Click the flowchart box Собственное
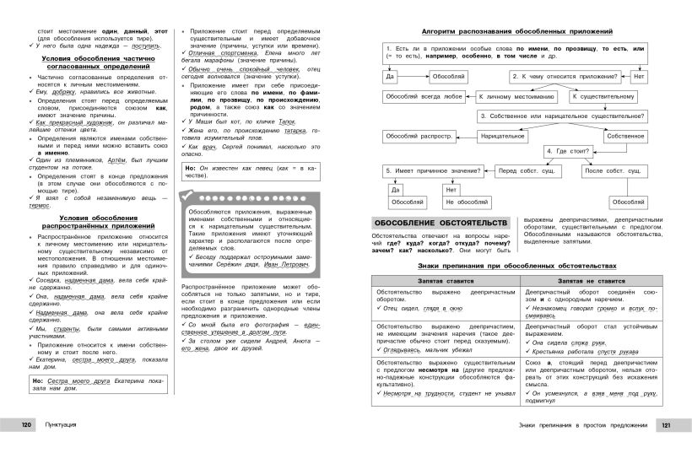tap(624, 135)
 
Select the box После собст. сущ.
tap(626, 170)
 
